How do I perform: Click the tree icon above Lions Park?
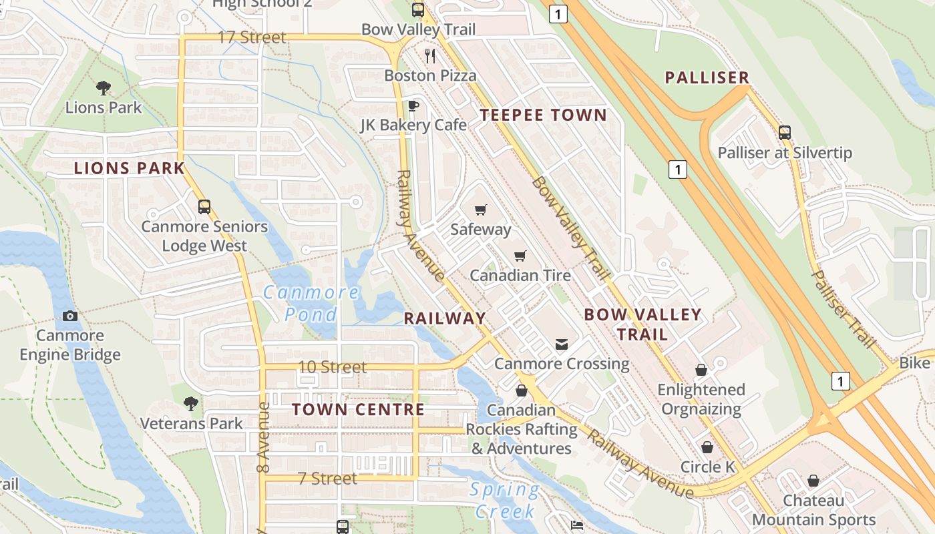(103, 87)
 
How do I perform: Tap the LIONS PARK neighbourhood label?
(129, 168)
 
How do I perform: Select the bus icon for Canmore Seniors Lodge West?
(204, 207)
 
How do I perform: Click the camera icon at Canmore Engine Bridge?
(70, 316)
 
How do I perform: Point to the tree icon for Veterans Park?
(191, 403)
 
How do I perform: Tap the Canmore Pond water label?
(311, 303)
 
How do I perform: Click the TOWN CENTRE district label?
(358, 410)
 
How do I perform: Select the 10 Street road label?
(332, 367)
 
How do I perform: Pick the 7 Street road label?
(327, 479)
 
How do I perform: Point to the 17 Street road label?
(252, 37)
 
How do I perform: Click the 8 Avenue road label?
(263, 434)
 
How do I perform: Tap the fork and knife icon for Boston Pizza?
(430, 56)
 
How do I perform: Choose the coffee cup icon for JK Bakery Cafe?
(413, 105)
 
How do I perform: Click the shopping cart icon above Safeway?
(480, 210)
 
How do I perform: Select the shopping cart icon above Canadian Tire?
(520, 256)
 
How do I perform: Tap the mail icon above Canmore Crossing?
(562, 344)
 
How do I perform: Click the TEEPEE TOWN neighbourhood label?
(543, 115)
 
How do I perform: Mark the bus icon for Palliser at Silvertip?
(785, 133)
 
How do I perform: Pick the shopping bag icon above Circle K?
(707, 447)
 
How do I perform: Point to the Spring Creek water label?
(504, 501)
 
